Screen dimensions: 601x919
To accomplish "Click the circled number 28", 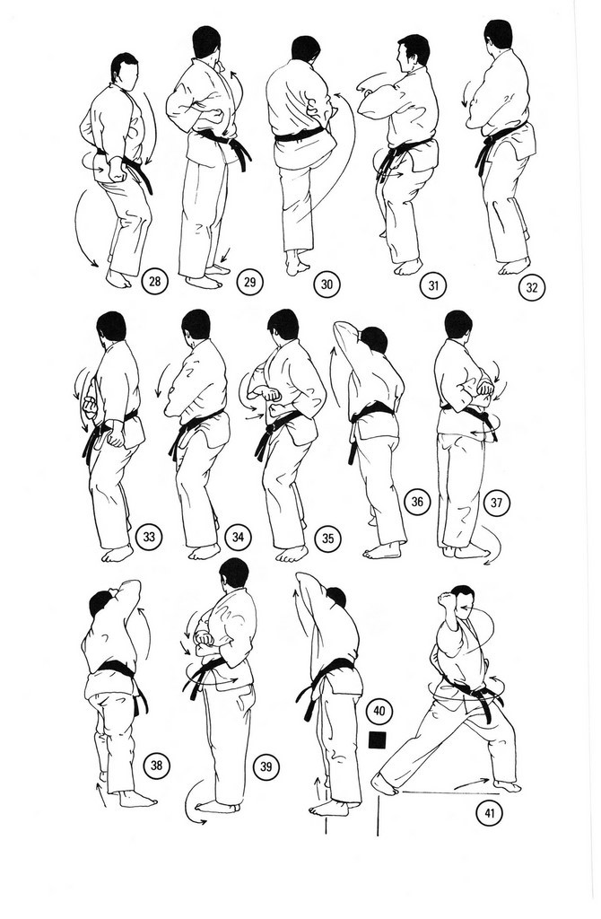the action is (154, 281).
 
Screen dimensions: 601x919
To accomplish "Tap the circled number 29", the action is (249, 283).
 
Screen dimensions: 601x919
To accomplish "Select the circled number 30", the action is (327, 284).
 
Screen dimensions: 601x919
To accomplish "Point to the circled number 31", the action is (433, 285).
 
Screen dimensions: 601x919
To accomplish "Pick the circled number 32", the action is (532, 288).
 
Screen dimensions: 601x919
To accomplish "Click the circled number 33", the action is (149, 537).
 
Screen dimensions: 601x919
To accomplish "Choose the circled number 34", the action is (238, 537).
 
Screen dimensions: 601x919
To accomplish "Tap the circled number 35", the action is (328, 538).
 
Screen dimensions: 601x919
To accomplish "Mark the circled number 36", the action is (417, 502).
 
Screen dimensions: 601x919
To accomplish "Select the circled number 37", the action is (497, 503).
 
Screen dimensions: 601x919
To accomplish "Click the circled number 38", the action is (156, 765).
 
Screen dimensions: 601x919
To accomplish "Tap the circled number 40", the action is (379, 711).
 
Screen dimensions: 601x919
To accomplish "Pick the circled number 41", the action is (490, 813).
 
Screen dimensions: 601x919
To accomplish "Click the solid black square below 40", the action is (378, 740).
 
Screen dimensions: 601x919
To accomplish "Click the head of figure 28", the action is (124, 69).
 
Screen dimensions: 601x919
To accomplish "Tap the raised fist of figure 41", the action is (447, 600).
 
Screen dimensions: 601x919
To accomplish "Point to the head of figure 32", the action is (499, 34).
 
